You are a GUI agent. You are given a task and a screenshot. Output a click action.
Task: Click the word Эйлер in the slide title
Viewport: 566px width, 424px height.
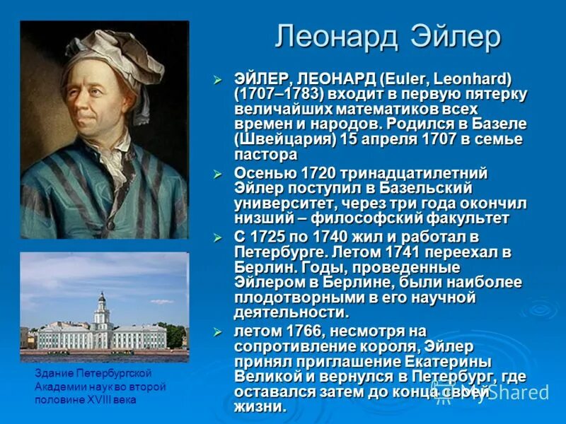click(450, 37)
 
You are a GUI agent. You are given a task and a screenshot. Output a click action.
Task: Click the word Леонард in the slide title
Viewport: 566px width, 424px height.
click(335, 37)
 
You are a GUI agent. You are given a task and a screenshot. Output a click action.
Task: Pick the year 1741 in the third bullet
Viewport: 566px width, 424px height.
click(411, 252)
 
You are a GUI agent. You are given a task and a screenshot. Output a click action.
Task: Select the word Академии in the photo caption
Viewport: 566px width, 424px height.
click(58, 387)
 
